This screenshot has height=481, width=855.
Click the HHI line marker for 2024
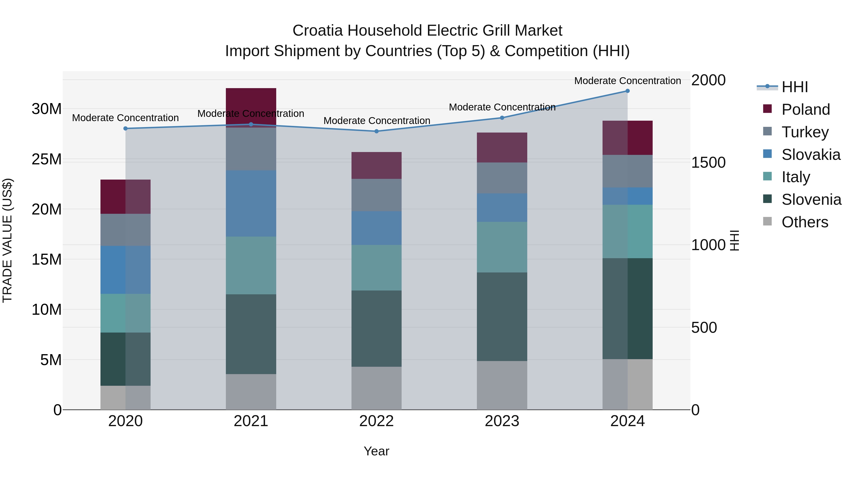[x=627, y=91]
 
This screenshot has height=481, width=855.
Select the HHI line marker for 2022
[x=376, y=131]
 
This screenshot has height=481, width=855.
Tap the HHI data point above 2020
[x=125, y=129]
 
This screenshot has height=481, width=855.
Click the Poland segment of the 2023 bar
[x=502, y=148]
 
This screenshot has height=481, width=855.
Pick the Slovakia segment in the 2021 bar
[x=251, y=204]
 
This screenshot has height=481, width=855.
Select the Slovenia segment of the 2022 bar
[x=376, y=329]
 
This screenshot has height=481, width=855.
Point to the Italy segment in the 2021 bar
[x=251, y=266]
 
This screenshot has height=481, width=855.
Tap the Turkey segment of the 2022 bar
[x=376, y=195]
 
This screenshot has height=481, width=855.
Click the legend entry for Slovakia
[x=811, y=155]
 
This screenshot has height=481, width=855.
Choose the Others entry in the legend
[x=805, y=222]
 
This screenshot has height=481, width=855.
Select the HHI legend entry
[x=795, y=87]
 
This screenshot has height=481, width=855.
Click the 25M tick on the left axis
[x=47, y=159]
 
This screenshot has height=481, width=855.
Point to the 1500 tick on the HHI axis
[x=708, y=163]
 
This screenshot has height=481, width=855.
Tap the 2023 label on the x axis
[x=502, y=421]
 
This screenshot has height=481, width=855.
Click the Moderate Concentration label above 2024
[x=627, y=81]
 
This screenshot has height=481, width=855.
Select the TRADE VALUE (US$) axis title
[x=7, y=240]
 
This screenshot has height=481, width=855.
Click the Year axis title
[x=376, y=451]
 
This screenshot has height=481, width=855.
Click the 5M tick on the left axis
[x=51, y=360]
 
